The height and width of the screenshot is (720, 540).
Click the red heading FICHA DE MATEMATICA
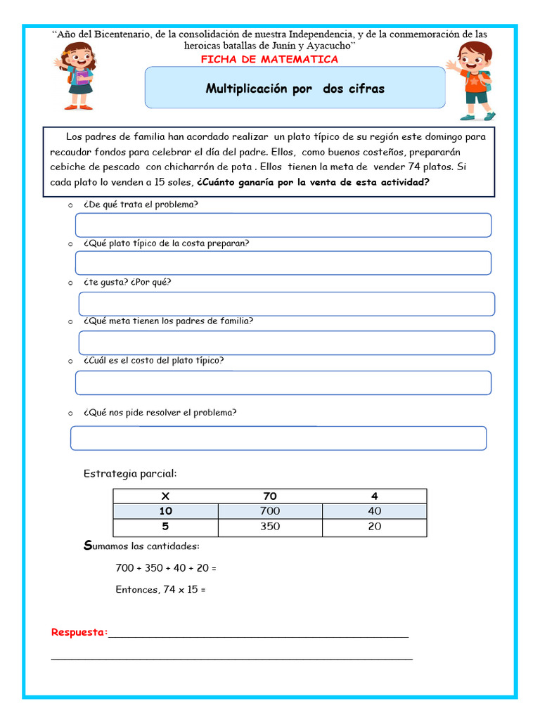coord(269,59)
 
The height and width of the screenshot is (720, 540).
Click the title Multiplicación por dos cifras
coord(295,89)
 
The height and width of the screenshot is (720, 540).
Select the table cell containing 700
coord(270,511)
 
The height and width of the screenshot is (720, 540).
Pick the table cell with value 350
coord(270,527)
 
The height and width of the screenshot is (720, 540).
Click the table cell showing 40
coord(374,511)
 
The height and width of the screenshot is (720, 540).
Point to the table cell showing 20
coord(374,527)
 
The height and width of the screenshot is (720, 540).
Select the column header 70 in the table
coord(270,496)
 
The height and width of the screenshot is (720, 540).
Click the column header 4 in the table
coord(374,496)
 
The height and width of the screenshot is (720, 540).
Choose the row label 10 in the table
coord(166,511)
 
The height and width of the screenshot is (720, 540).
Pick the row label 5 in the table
coord(166,527)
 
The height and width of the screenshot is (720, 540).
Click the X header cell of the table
coord(166,496)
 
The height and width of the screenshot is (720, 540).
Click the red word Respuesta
coord(79,632)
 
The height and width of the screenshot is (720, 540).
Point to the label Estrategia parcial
coord(130,472)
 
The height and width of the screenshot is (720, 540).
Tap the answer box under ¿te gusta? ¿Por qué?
coord(286,304)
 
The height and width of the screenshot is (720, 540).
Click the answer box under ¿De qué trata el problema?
coord(283,225)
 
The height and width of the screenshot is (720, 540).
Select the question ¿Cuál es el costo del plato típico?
coord(153,360)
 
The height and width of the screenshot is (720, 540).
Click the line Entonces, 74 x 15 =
coord(160,589)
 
